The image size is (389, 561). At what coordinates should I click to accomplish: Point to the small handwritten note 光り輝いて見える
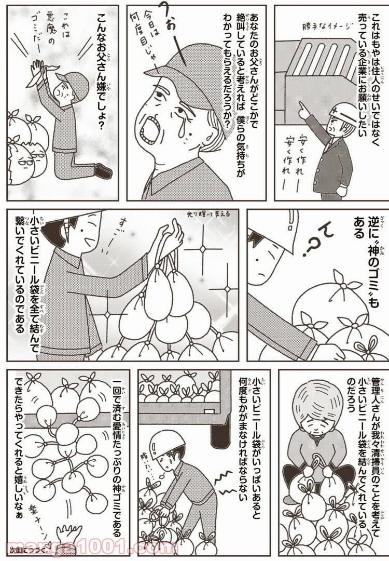tap(205, 213)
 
